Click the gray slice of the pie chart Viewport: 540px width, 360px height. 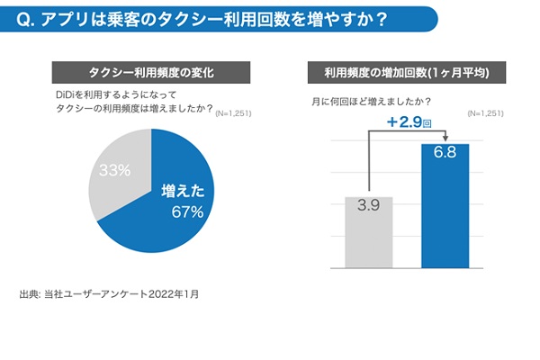(x=112, y=175)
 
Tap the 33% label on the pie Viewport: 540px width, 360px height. (x=114, y=170)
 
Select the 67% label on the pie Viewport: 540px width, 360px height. (x=187, y=211)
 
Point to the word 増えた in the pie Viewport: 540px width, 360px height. (x=184, y=191)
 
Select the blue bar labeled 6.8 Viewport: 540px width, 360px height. (x=445, y=207)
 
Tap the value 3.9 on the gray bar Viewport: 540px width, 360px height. (x=367, y=206)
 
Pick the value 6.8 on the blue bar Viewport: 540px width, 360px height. (x=445, y=153)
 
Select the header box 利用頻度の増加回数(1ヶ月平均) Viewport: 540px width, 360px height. (x=406, y=71)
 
